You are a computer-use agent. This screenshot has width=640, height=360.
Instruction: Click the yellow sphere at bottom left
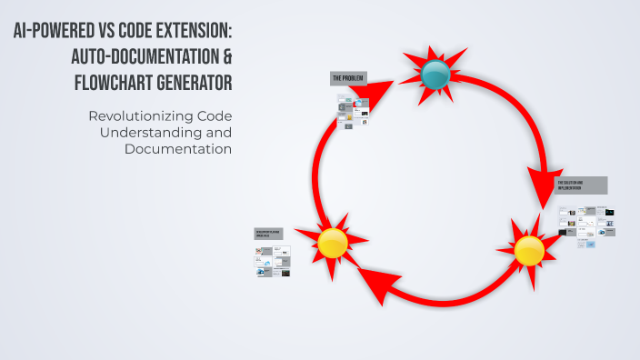coord(333,243)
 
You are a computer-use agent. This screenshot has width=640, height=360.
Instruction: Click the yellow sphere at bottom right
coord(528,250)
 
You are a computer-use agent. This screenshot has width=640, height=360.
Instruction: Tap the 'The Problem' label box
coord(348,80)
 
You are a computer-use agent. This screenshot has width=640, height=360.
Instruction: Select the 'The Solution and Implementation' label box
coord(581,185)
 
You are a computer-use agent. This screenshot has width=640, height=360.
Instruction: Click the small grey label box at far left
coord(268,234)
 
